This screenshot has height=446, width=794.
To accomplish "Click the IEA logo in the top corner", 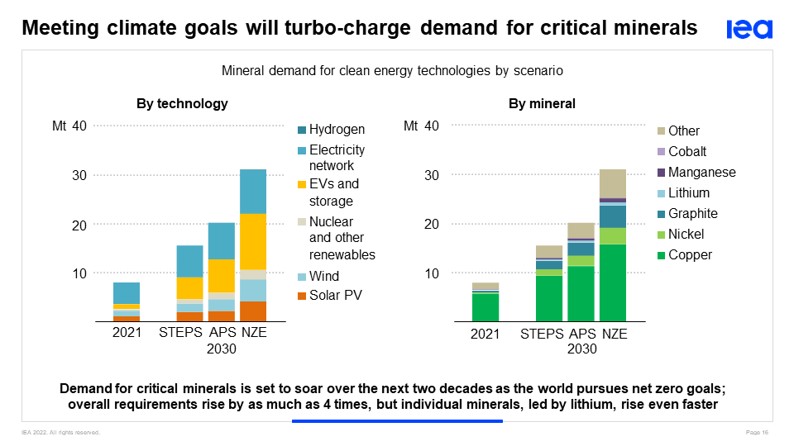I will [x=749, y=30].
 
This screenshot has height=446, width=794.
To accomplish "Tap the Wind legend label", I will [x=324, y=276].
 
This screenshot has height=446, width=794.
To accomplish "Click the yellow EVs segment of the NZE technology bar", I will [x=253, y=242].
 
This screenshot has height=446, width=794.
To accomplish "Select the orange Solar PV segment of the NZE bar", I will [x=253, y=311].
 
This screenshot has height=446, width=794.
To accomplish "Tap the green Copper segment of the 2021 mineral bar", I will [x=485, y=306].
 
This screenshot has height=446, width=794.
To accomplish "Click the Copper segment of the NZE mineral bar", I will [x=613, y=282].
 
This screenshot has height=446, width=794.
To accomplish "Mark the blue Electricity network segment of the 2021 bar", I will [x=127, y=292].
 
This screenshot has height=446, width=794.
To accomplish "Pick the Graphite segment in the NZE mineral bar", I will [x=613, y=216].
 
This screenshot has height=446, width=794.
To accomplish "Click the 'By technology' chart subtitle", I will [x=182, y=104].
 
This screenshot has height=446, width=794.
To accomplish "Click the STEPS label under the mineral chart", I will [x=541, y=334].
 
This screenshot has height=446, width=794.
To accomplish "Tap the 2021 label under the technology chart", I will [x=127, y=334].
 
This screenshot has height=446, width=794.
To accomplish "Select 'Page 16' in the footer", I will [x=757, y=433].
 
